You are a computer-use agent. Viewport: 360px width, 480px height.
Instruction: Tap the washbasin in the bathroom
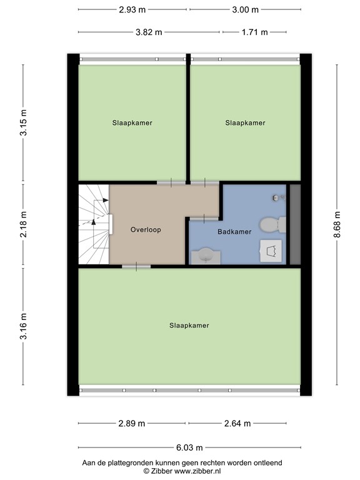coord(205,255)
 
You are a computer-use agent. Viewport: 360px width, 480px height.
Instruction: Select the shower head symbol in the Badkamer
coord(275,197)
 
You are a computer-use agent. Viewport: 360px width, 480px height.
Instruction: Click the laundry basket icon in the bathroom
coord(271,251)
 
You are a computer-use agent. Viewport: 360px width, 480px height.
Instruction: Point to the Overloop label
coord(146,229)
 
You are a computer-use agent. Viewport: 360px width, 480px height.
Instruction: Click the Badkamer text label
coord(234,232)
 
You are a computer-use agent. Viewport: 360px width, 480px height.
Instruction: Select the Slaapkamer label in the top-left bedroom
coord(132,123)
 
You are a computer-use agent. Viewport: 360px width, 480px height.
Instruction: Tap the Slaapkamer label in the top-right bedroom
coord(245,123)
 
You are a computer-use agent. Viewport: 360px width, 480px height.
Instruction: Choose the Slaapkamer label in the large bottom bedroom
coord(189,326)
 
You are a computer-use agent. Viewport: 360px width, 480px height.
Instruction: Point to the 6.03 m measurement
coord(189,447)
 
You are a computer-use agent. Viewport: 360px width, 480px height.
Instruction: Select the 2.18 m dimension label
coord(24,224)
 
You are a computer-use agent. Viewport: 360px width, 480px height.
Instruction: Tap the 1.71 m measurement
coord(254,32)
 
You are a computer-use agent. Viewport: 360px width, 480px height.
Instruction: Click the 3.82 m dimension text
coord(149,32)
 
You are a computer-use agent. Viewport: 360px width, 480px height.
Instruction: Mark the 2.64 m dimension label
coord(237,423)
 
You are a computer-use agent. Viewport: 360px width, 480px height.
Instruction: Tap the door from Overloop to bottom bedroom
coord(136,267)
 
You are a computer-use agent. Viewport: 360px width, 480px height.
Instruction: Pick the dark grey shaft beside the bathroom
coord(294,224)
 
